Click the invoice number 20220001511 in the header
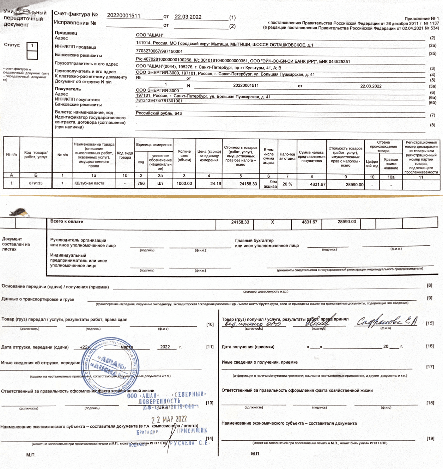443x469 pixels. point(123,16)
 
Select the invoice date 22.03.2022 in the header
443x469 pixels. point(188,17)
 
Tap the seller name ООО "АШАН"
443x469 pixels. point(150,35)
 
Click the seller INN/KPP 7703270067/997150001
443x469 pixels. point(159,51)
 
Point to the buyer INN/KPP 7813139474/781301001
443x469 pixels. point(159,101)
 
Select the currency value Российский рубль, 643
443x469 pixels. point(159,114)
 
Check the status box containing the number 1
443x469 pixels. point(32,46)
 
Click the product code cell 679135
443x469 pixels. point(36,183)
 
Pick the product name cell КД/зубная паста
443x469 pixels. point(89,183)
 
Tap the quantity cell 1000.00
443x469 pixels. point(184,184)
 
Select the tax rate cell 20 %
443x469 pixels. point(287,184)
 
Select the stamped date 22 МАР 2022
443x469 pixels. point(169,419)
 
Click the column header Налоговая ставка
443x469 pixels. point(287,156)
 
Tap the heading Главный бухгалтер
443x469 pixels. point(254,240)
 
